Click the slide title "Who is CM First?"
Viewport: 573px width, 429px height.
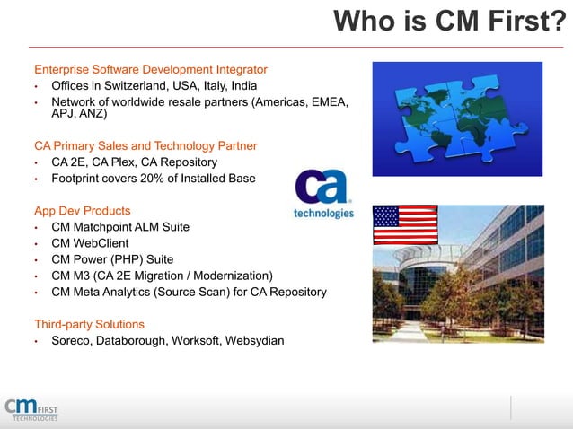pyautogui.click(x=450, y=22)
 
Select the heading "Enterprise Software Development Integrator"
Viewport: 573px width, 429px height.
pyautogui.click(x=151, y=69)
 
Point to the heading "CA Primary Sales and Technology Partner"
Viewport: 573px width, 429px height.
pyautogui.click(x=145, y=145)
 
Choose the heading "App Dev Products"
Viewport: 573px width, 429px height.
pyautogui.click(x=82, y=211)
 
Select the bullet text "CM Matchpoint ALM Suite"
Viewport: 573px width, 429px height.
pyautogui.click(x=120, y=227)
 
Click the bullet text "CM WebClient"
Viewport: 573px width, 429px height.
pyautogui.click(x=90, y=243)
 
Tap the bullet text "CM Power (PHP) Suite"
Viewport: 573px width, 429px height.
pyautogui.click(x=112, y=259)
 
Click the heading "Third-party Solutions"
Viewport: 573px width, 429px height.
pyautogui.click(x=89, y=324)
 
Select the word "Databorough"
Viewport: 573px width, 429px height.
pyautogui.click(x=137, y=340)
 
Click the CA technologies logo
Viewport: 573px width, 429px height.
pyautogui.click(x=323, y=196)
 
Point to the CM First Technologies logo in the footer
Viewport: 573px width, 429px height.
pyautogui.click(x=31, y=407)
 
